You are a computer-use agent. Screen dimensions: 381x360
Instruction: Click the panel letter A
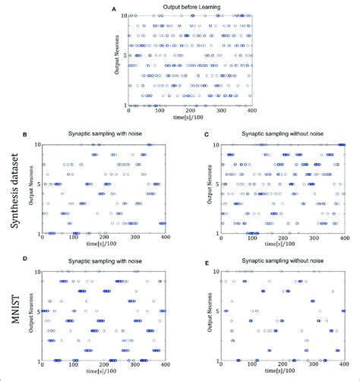114,9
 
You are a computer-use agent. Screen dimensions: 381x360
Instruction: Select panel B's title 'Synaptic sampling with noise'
104,134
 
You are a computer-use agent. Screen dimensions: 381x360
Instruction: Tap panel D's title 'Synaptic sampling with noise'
104,260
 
